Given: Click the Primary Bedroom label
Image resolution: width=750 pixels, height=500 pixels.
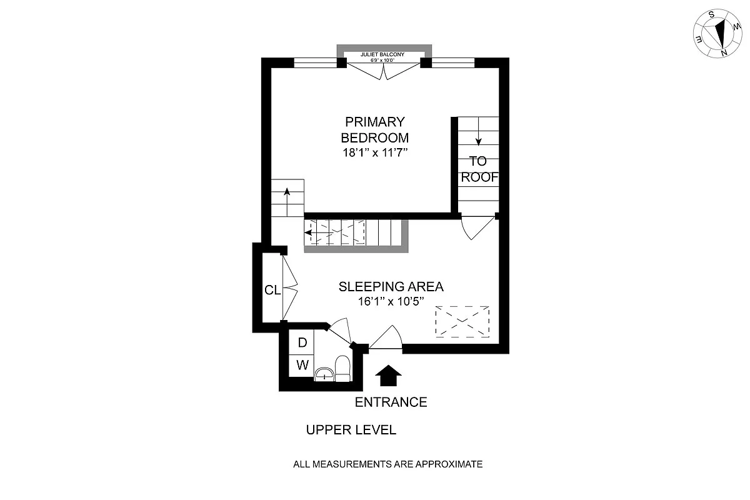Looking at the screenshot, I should click(374, 129).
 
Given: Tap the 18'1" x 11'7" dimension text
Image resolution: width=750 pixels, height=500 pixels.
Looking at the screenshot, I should click(374, 153).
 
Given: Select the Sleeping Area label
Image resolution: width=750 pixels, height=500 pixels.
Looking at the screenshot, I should click(391, 287).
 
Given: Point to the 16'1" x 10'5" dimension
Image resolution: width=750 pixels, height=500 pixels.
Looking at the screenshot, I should click(391, 301).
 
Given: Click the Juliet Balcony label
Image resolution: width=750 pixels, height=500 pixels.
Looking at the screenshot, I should click(382, 55).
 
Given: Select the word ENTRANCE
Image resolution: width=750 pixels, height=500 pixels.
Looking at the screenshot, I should click(391, 402).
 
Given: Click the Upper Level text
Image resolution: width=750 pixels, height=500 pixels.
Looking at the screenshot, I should click(351, 430).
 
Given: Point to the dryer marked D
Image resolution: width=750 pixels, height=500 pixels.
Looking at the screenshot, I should click(302, 342).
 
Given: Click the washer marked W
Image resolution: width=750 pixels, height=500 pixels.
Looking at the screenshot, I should click(302, 365).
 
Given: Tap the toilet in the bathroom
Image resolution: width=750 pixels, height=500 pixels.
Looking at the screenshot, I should click(342, 367).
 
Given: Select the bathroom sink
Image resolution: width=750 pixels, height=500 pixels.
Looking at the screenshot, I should click(324, 374).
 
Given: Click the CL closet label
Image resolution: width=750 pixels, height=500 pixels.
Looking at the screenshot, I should click(272, 290).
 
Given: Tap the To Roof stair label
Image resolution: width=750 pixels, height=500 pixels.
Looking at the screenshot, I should click(479, 169).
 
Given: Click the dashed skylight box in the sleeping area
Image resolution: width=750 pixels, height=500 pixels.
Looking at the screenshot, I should click(462, 322).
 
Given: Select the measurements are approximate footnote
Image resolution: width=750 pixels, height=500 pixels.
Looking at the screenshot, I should click(388, 464).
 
